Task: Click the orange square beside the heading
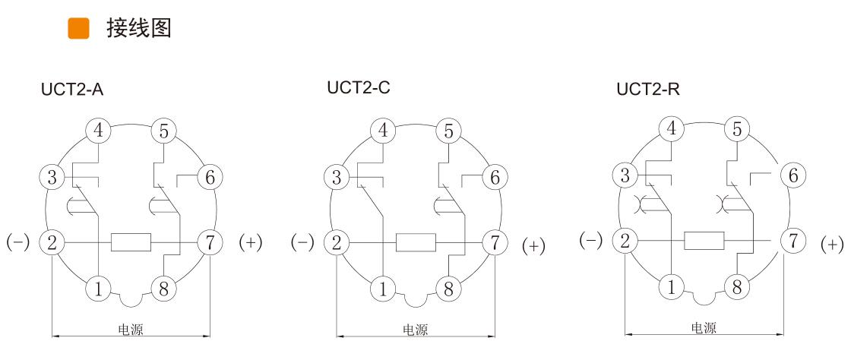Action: [x=78, y=29]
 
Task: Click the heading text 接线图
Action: [x=139, y=29]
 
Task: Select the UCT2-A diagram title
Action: [x=72, y=90]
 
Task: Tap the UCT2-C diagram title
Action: [x=359, y=87]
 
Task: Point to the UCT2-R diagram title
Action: [x=648, y=90]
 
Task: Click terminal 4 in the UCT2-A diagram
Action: [x=98, y=131]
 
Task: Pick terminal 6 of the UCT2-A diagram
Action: [x=210, y=178]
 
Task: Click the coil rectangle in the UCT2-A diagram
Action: [x=131, y=243]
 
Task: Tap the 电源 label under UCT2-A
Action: [x=131, y=330]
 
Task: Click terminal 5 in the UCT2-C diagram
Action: [x=449, y=131]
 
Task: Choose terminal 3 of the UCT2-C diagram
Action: [x=337, y=178]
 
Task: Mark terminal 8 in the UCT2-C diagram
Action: [x=449, y=289]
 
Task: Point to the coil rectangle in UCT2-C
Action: [x=416, y=243]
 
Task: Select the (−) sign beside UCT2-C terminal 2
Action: [x=302, y=243]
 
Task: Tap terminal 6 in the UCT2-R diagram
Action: [x=793, y=175]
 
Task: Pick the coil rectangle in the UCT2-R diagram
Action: [x=704, y=241]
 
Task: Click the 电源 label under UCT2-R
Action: [x=704, y=328]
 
